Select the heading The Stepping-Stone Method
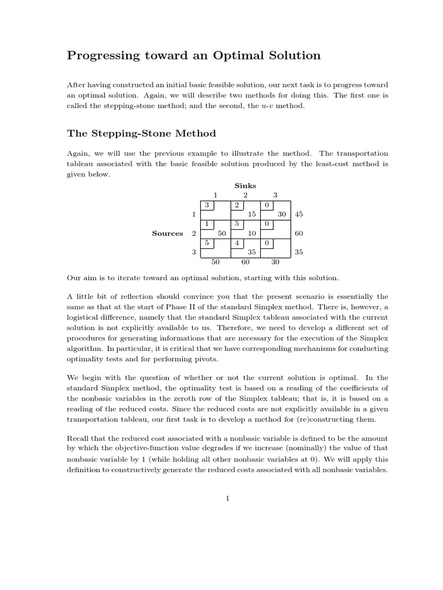[141, 134]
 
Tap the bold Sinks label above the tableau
[245, 186]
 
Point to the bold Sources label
[167, 233]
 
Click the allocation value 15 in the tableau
[251, 214]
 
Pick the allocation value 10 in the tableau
[251, 233]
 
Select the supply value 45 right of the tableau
[299, 214]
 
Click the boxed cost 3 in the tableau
[207, 205]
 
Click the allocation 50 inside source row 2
[221, 233]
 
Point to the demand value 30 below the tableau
[276, 262]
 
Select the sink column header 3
[276, 195]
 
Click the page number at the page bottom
[228, 499]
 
